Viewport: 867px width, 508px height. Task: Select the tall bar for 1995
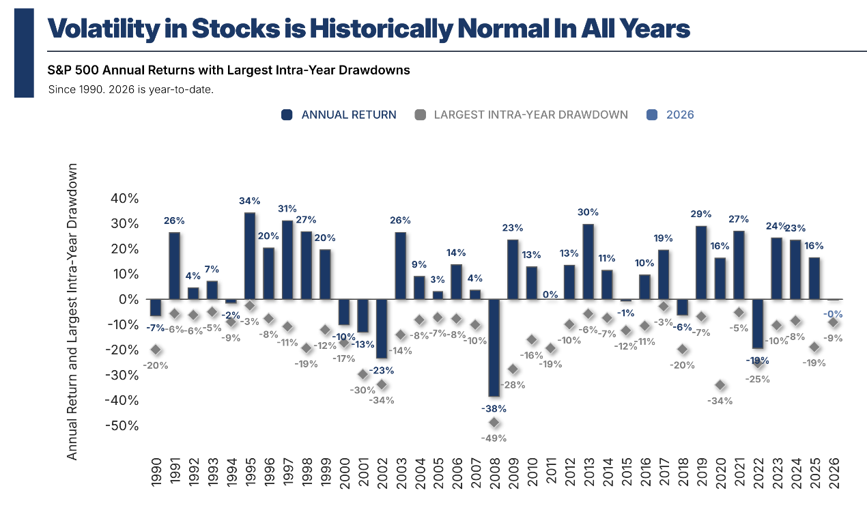250,256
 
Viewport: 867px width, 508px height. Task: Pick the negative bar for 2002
382,328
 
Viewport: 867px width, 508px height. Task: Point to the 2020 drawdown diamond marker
720,386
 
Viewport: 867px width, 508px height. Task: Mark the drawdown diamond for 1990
156,350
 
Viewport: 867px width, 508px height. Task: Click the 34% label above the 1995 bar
250,201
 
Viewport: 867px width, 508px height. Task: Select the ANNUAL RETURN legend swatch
287,115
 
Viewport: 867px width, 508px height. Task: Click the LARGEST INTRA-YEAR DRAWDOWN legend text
530,115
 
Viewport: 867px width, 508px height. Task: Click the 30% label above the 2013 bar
588,212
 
